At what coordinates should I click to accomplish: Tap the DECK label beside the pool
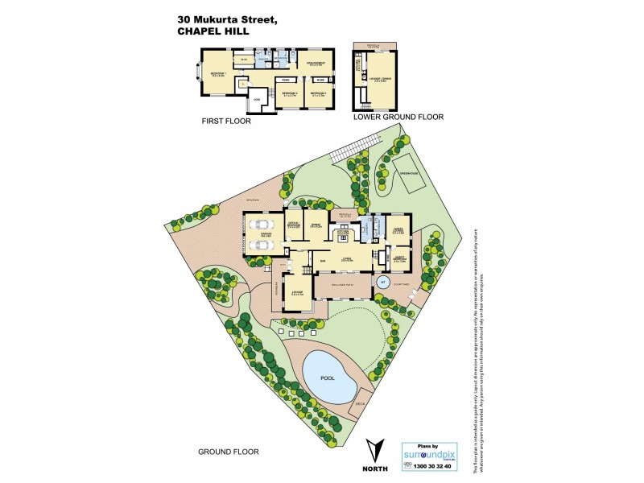click(360, 403)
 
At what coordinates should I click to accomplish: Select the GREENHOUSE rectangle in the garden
click(407, 173)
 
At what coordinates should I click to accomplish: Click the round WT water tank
click(384, 283)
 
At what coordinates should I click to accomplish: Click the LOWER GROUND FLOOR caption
click(398, 117)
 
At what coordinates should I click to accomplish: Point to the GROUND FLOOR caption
click(229, 452)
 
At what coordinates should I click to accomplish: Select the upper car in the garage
click(262, 225)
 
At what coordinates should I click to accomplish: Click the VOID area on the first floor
click(257, 98)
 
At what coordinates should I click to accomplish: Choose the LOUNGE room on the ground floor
click(298, 293)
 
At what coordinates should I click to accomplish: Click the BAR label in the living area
click(322, 262)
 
